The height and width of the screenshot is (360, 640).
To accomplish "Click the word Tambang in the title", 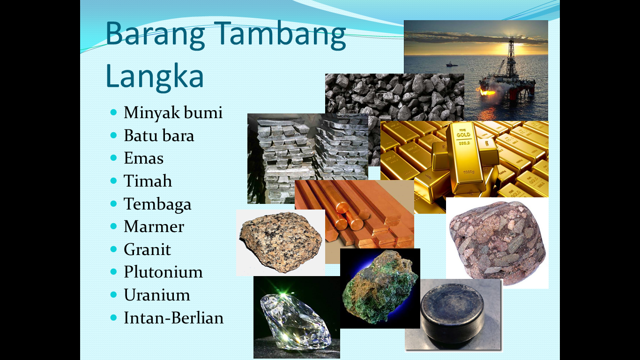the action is pos(283,36).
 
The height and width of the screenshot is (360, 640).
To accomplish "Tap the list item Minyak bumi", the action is pos(173,112).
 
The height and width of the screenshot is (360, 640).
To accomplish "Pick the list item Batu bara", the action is pos(159,135).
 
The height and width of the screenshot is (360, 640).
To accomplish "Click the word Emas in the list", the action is pos(143,158).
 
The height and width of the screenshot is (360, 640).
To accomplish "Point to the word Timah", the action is pos(148,181).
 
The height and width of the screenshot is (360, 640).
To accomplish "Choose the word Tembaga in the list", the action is pos(157,204).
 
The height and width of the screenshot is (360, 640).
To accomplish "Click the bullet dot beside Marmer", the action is pos(114,226).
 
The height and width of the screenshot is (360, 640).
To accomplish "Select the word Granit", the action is pos(147,249).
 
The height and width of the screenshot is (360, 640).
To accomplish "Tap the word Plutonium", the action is pos(163,272).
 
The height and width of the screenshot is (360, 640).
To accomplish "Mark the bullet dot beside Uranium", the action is pos(114,294).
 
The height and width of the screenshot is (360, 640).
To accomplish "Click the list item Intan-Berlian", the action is pos(173,318).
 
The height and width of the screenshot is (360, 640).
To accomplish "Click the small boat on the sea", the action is pos(452,64).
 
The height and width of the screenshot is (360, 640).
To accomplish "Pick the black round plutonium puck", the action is pos(453,312).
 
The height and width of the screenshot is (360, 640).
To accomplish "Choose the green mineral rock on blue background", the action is pos(380,287).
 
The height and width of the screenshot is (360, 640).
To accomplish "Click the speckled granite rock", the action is pos(281,241).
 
